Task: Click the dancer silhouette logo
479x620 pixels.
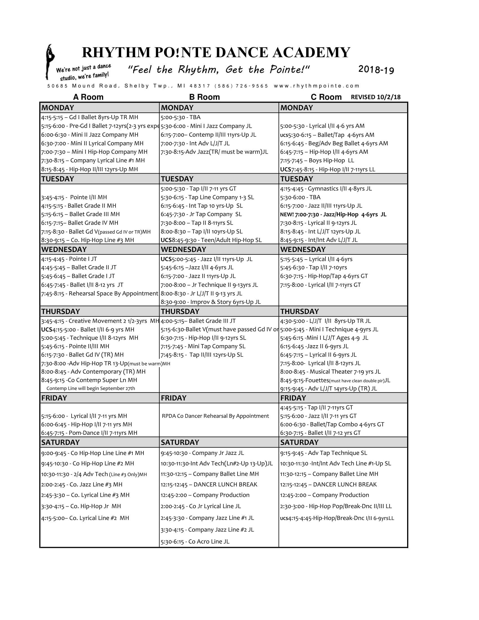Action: pyautogui.click(x=50, y=62)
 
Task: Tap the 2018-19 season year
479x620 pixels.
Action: pyautogui.click(x=376, y=70)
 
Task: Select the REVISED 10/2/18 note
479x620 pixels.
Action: pyautogui.click(x=375, y=97)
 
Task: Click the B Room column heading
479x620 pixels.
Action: pyautogui.click(x=204, y=97)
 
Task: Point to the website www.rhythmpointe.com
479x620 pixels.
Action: pyautogui.click(x=317, y=86)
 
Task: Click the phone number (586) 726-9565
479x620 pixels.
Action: pyautogui.click(x=241, y=86)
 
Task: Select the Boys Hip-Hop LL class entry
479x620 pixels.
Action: pyautogui.click(x=317, y=160)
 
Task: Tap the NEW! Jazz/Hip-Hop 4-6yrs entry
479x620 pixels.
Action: pyautogui.click(x=333, y=214)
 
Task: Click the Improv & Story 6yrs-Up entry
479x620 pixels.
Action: pyautogui.click(x=210, y=302)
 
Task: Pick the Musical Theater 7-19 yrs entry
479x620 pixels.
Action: pyautogui.click(x=330, y=372)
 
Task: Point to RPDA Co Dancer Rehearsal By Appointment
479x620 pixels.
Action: pyautogui.click(x=215, y=416)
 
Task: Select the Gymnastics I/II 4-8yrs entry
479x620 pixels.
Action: pyautogui.click(x=326, y=189)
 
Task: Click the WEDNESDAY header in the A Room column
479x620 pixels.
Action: pyautogui.click(x=64, y=249)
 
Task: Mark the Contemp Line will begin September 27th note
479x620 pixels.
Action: pyautogui.click(x=90, y=388)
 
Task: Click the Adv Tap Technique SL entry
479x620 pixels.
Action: pyautogui.click(x=323, y=453)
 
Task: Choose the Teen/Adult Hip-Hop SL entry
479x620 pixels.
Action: pyautogui.click(x=211, y=240)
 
